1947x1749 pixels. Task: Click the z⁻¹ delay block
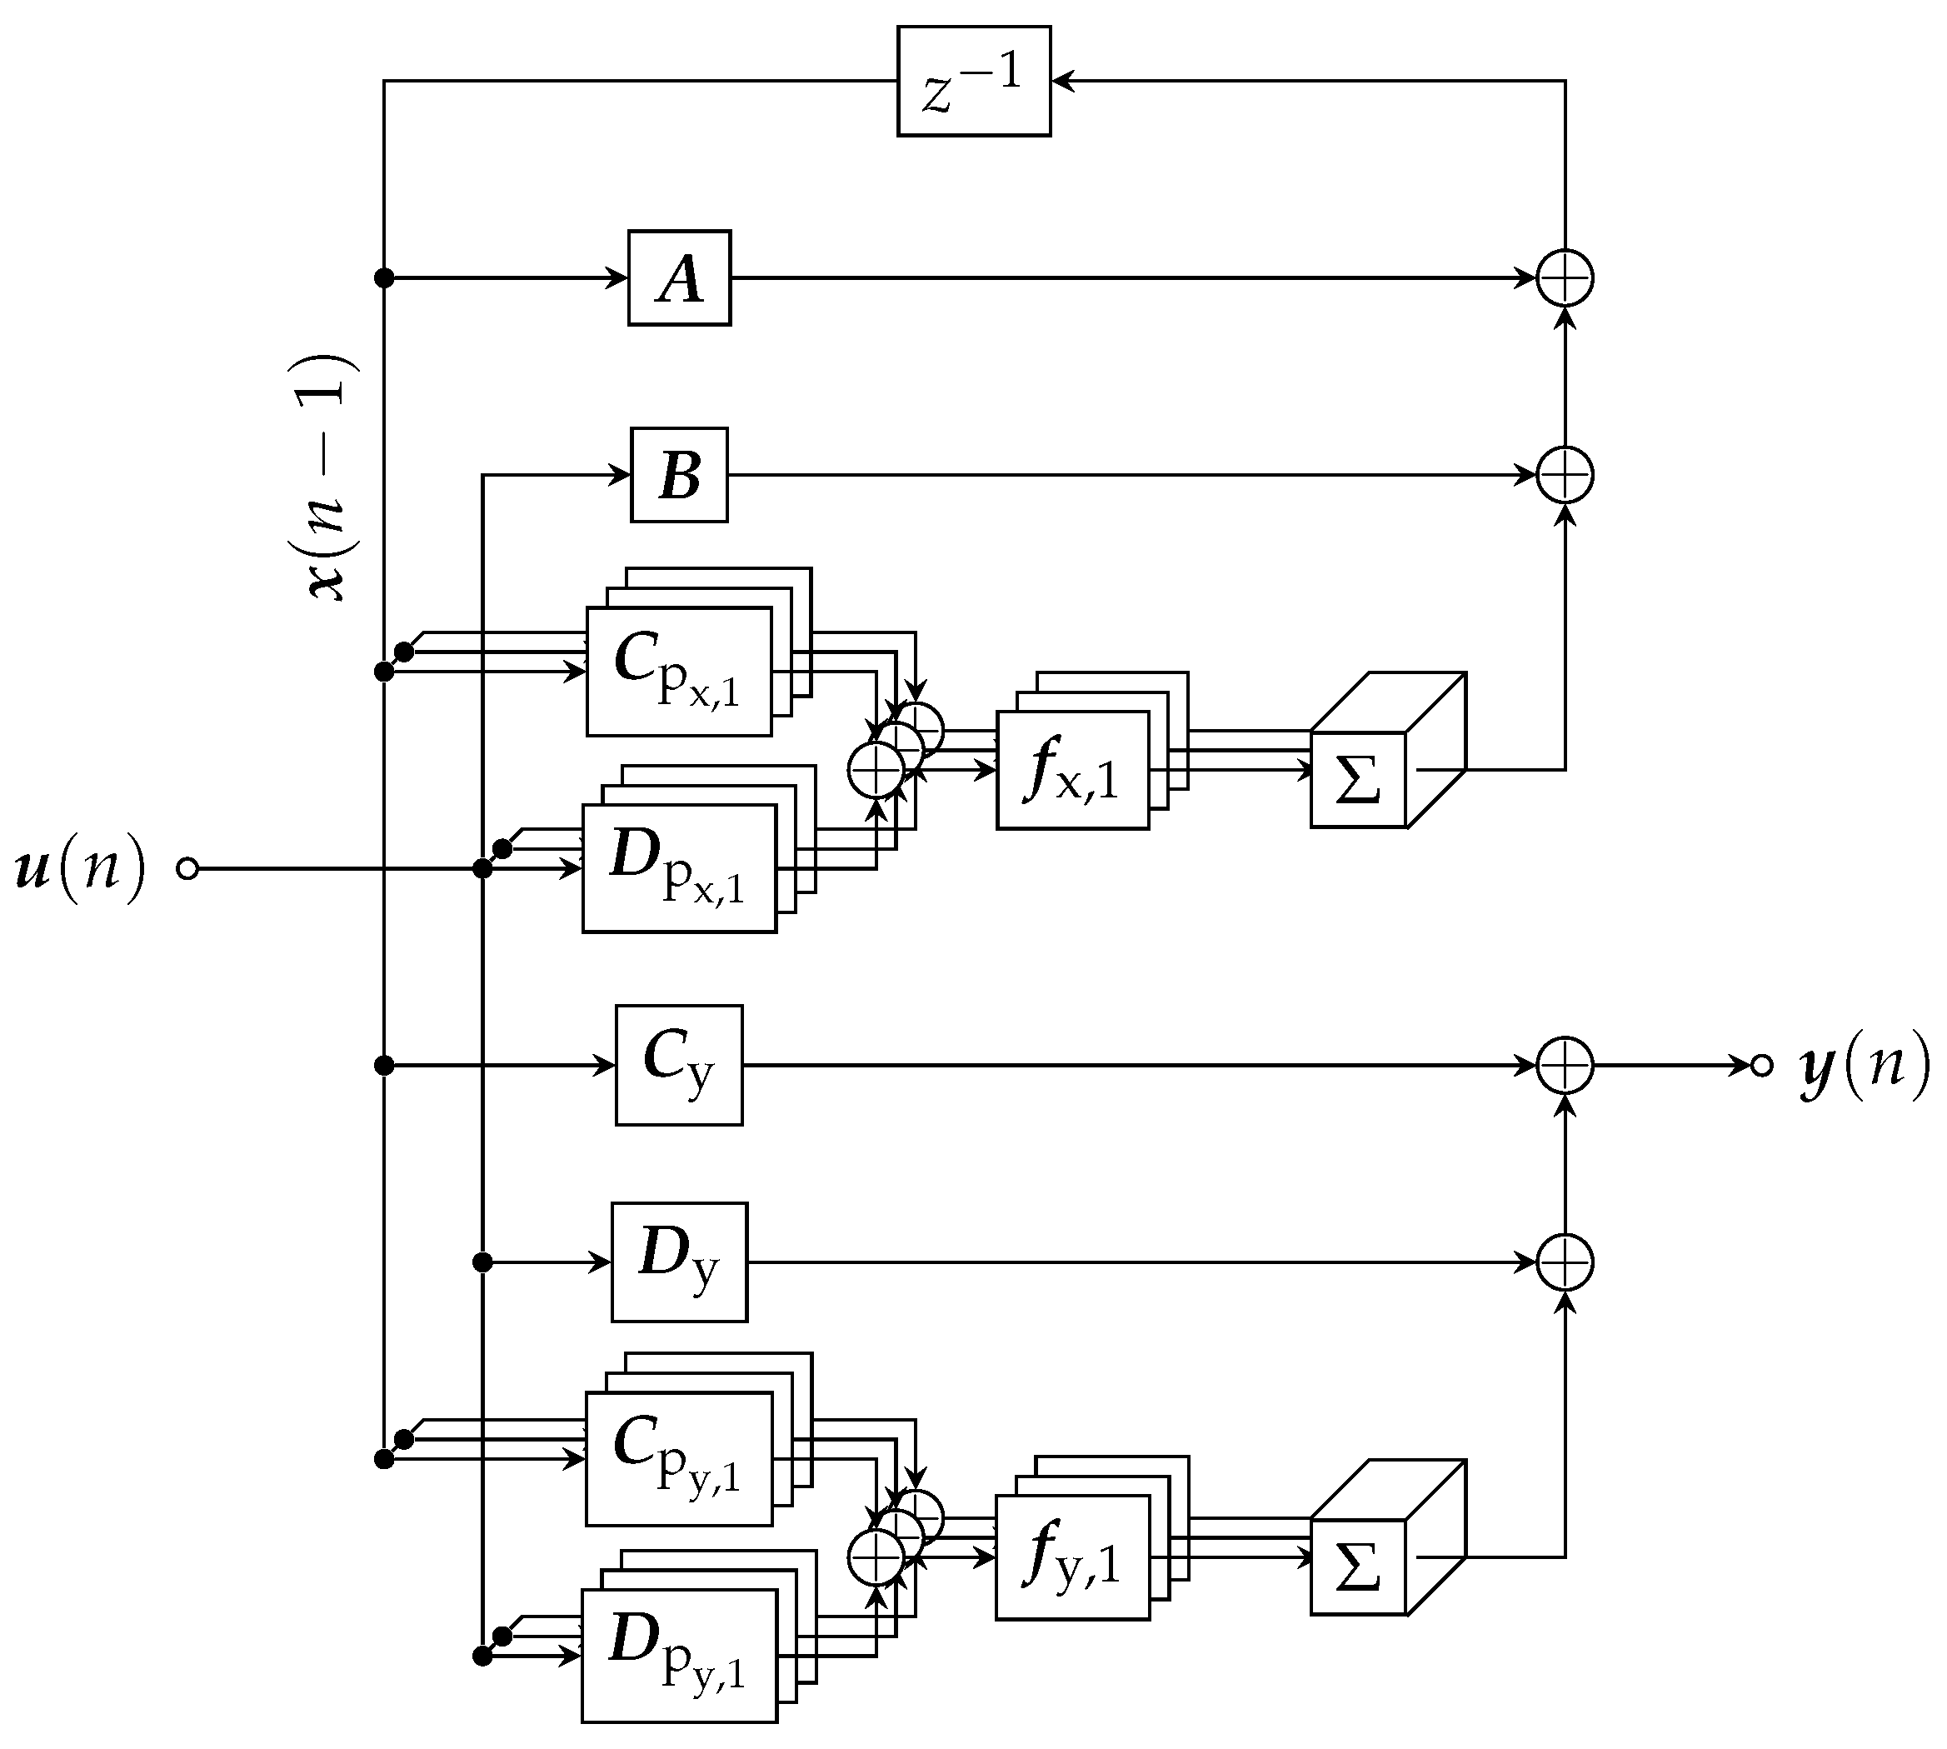point(973,82)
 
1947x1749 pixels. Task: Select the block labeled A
point(680,278)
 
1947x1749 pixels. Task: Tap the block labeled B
point(680,475)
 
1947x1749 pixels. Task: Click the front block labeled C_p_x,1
point(678,672)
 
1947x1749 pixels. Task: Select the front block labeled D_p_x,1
point(678,869)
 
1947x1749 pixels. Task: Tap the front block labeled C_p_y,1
point(678,1459)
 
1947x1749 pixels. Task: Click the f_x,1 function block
point(1072,771)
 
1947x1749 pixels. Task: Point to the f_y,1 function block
point(1072,1557)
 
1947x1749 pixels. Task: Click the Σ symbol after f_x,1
point(1358,779)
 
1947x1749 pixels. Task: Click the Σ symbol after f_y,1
point(1358,1567)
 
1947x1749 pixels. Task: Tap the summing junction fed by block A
point(1565,278)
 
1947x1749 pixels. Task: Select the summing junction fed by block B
point(1565,475)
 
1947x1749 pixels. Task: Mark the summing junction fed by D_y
point(1565,1262)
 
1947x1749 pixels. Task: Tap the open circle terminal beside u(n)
point(188,869)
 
